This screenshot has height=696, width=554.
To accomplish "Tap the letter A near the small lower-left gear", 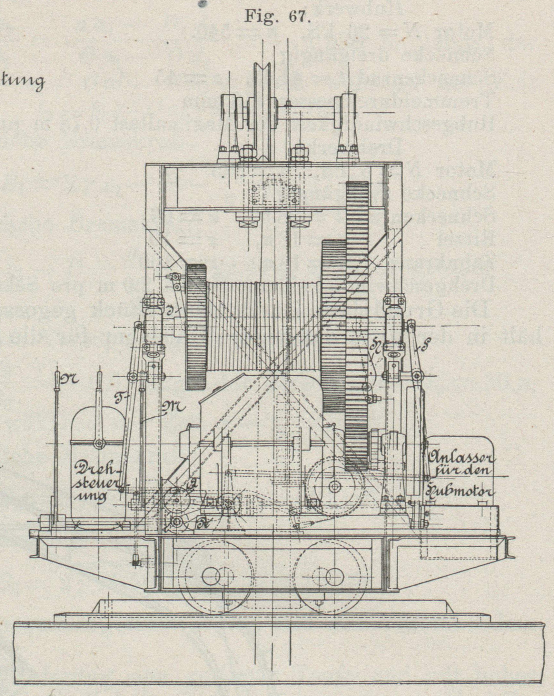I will click(193, 484).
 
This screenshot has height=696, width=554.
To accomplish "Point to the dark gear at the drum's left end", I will click(196, 326).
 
